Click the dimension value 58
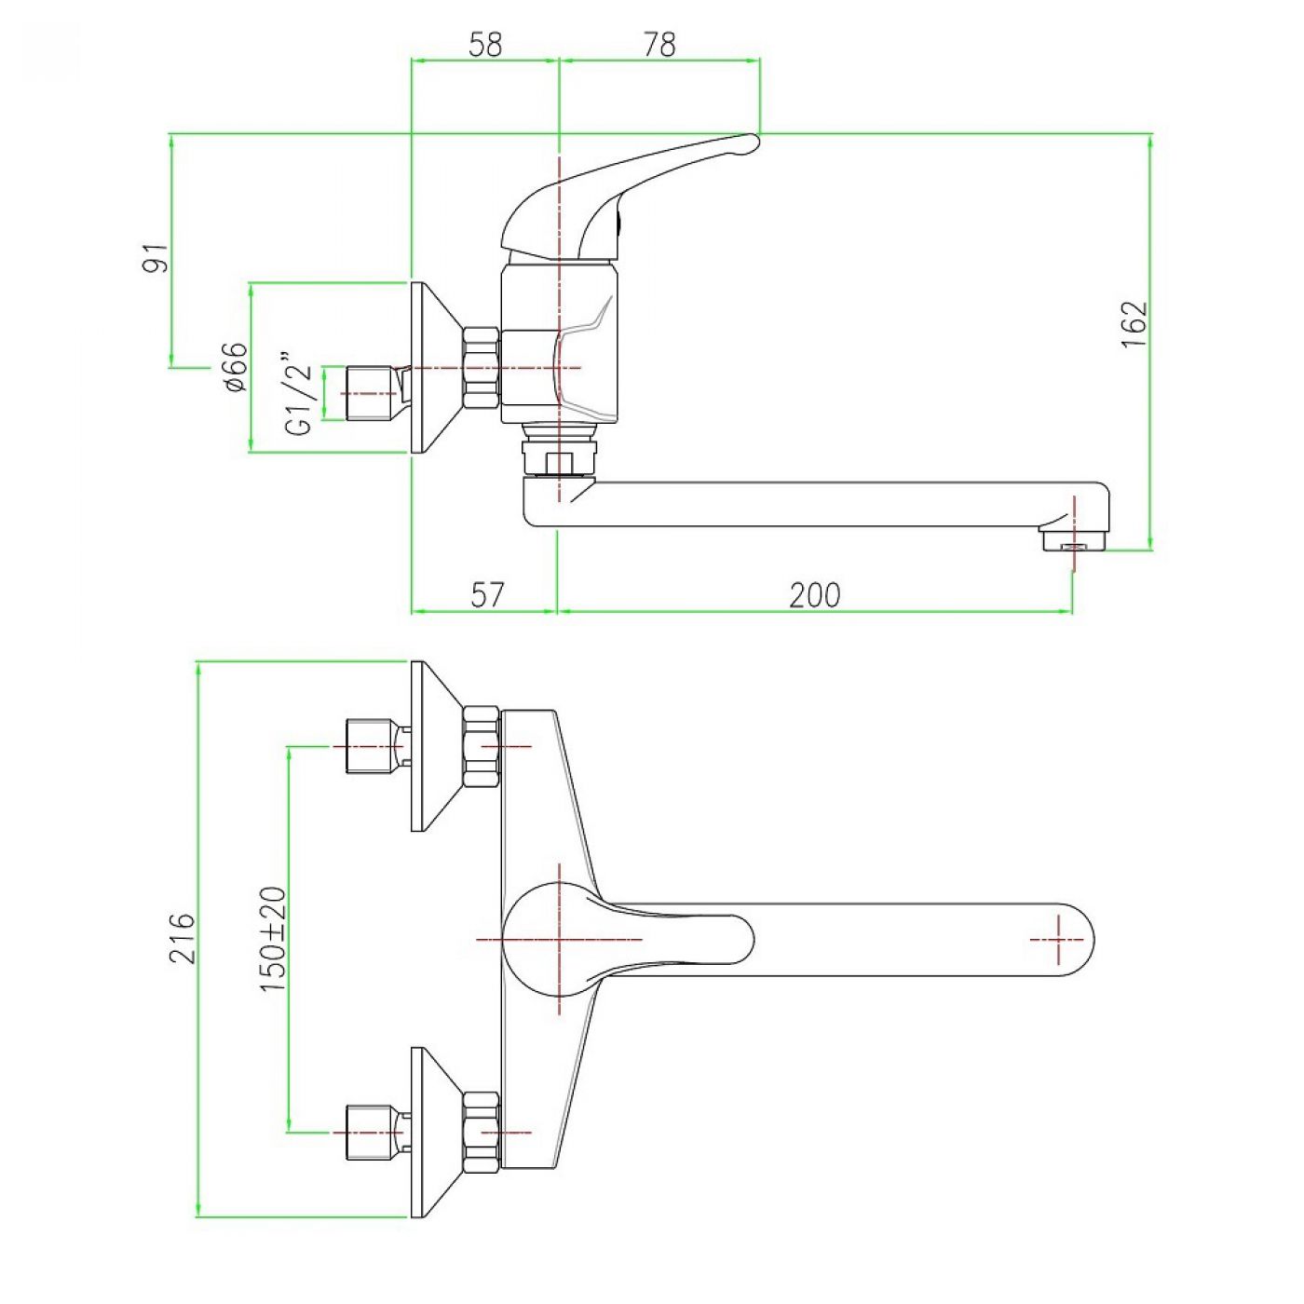click(x=485, y=44)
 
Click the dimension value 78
click(x=659, y=44)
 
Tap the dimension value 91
click(x=156, y=257)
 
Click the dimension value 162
click(x=1134, y=323)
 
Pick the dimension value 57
click(x=485, y=594)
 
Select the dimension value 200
click(x=814, y=594)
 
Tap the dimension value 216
click(x=182, y=938)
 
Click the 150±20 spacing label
click(x=273, y=938)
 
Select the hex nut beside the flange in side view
click(x=481, y=368)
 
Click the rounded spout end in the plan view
click(x=1071, y=940)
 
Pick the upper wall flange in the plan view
click(x=430, y=745)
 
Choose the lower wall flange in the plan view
click(x=430, y=1132)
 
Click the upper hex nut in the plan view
click(x=481, y=746)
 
